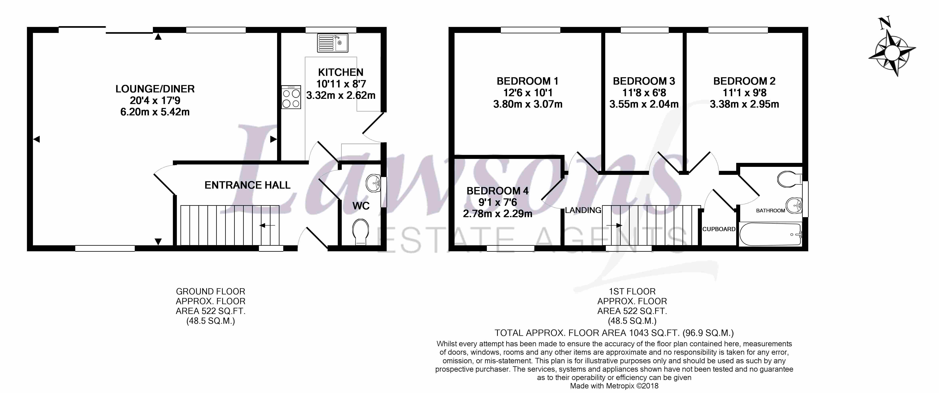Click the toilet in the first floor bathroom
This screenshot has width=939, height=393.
[x=789, y=179]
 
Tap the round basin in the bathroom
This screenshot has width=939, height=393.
[x=793, y=205]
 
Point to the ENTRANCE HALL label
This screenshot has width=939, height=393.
[x=248, y=185]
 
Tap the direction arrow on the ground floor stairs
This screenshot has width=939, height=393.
[x=267, y=226]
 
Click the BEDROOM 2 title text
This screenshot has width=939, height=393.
[x=744, y=81]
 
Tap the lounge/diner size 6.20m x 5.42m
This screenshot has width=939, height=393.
[x=155, y=112]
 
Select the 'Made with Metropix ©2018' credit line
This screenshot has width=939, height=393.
[x=614, y=386]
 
